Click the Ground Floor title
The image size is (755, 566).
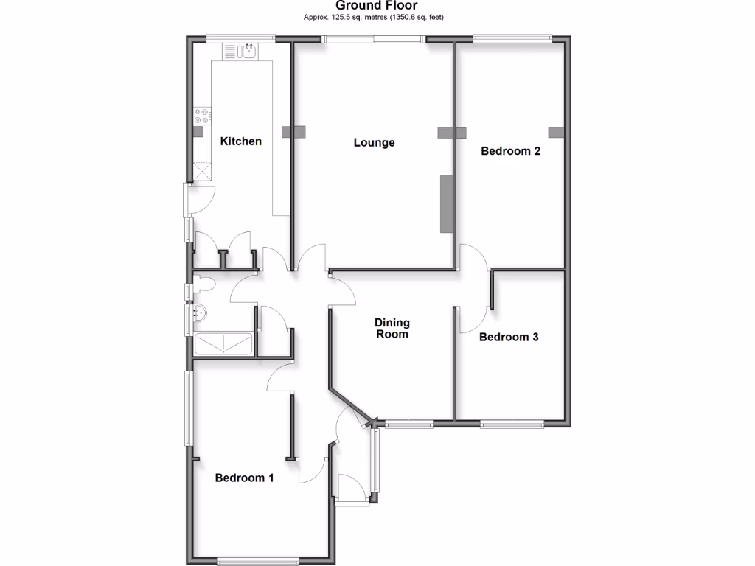coord(377,6)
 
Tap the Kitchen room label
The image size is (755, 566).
coord(241,141)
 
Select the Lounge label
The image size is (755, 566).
coord(374,142)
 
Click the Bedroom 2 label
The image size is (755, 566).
coord(511,151)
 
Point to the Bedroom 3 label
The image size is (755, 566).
coord(509,337)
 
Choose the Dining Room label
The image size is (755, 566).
coord(392,328)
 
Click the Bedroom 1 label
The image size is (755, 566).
coord(244,478)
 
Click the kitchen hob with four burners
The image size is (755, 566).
coord(202,116)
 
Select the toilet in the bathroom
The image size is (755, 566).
coord(203,284)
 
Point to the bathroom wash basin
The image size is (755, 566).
coord(199,313)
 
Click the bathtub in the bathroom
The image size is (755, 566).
coord(224,345)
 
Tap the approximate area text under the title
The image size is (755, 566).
coord(377,17)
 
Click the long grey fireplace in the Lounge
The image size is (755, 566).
coord(445,204)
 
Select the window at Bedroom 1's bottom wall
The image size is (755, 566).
coord(258,560)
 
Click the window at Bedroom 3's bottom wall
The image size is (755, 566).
coord(512,423)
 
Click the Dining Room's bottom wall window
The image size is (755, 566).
coord(408,423)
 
